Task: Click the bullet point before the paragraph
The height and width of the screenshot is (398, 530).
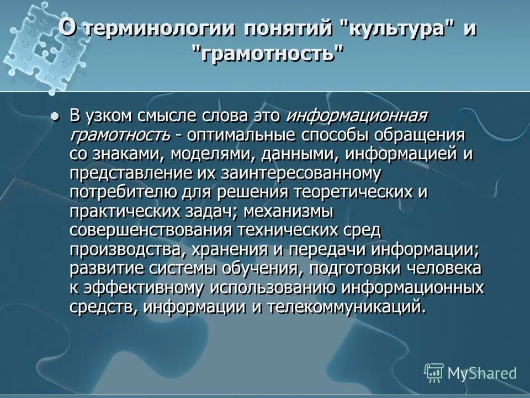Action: pos(54,117)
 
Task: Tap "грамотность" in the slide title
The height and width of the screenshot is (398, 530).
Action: pos(267,55)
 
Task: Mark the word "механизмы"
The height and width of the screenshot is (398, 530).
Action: pos(288,211)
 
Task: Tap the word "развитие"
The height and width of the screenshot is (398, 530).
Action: pos(102,268)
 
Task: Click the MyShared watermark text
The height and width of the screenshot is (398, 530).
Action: pos(482,373)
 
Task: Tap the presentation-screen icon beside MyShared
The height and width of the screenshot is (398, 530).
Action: pos(434,373)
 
